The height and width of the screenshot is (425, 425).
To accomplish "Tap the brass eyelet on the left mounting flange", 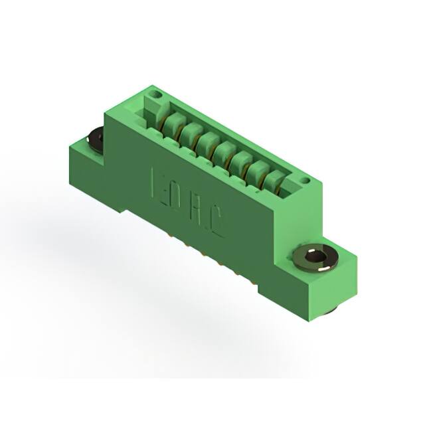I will (x=94, y=140).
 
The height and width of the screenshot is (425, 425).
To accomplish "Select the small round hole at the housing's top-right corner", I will (x=304, y=180).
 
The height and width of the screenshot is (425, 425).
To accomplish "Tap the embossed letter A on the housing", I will (x=199, y=212).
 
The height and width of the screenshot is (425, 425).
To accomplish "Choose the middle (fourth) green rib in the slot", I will (x=224, y=151).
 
